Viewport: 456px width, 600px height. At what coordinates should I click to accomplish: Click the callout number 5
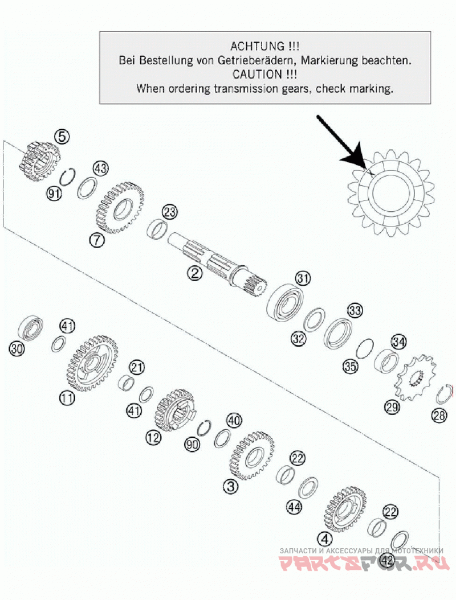pyautogui.click(x=62, y=136)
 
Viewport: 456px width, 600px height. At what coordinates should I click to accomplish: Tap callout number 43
pyautogui.click(x=101, y=168)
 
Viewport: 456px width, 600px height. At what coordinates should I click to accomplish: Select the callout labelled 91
pyautogui.click(x=54, y=194)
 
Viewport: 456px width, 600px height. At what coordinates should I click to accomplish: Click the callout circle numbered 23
pyautogui.click(x=169, y=211)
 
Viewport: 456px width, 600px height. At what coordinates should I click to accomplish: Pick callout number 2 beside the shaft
pyautogui.click(x=195, y=273)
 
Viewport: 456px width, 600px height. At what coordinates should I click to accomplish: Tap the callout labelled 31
pyautogui.click(x=303, y=278)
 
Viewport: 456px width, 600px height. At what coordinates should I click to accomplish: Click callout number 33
pyautogui.click(x=355, y=310)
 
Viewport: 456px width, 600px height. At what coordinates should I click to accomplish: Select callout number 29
pyautogui.click(x=392, y=407)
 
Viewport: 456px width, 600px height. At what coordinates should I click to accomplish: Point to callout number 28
pyautogui.click(x=439, y=415)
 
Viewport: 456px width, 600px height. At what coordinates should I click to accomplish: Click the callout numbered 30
pyautogui.click(x=17, y=348)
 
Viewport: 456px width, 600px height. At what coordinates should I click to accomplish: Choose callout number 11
pyautogui.click(x=67, y=398)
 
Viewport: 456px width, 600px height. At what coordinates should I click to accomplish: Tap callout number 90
pyautogui.click(x=192, y=444)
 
